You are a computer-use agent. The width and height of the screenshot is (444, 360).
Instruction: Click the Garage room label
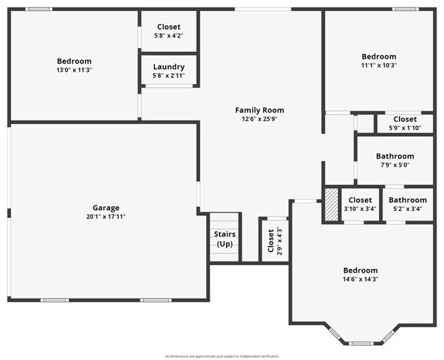(x=106, y=208)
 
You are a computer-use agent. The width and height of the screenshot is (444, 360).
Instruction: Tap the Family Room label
(x=260, y=110)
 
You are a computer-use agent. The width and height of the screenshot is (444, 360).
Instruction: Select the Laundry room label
(x=169, y=66)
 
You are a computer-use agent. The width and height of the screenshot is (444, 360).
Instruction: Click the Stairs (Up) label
(x=225, y=239)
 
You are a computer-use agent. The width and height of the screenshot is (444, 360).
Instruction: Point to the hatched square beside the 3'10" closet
(x=331, y=205)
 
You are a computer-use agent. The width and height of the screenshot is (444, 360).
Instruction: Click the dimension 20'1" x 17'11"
(x=106, y=217)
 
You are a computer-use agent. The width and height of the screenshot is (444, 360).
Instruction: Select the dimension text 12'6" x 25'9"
(x=260, y=119)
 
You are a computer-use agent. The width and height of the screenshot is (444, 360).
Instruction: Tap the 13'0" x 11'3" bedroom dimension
(x=74, y=70)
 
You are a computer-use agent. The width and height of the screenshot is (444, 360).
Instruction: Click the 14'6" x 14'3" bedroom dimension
(x=360, y=279)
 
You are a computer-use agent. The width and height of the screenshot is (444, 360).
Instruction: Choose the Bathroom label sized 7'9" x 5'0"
(x=395, y=156)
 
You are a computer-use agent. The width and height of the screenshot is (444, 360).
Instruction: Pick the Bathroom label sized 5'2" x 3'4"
(x=408, y=200)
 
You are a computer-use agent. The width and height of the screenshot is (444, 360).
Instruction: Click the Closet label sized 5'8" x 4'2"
(x=169, y=27)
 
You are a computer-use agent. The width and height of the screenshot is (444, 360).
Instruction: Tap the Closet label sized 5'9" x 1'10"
(x=405, y=119)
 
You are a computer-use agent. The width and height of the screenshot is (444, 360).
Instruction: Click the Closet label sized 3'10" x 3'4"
(x=360, y=200)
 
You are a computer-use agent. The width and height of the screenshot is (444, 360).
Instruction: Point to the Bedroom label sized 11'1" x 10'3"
(x=378, y=57)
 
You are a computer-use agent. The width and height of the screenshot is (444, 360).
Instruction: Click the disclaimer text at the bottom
(x=222, y=356)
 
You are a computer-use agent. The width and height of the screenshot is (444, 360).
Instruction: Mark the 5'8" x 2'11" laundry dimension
(x=169, y=75)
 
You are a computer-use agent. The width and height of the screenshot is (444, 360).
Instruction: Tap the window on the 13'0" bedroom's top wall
(x=39, y=9)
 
